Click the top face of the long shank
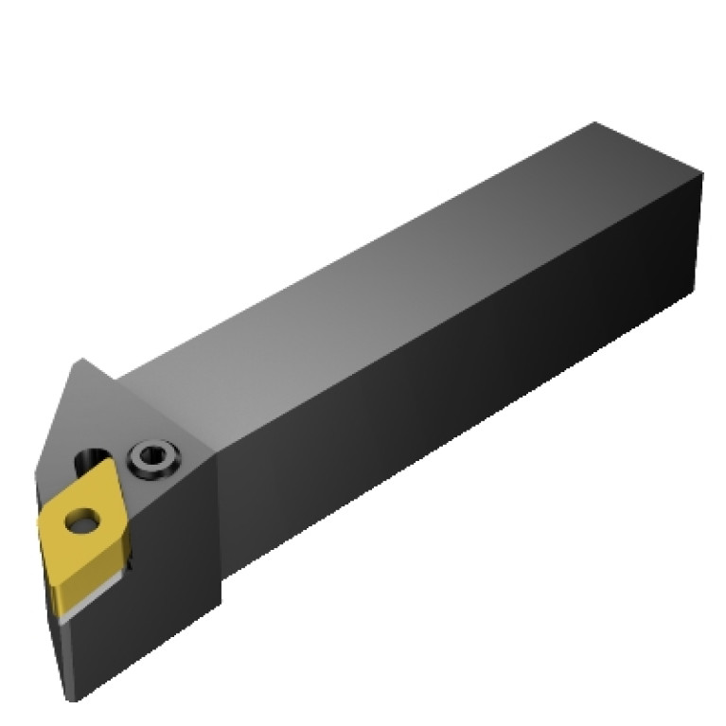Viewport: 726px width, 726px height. (379, 265)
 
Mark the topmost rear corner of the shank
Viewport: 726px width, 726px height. (593, 122)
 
